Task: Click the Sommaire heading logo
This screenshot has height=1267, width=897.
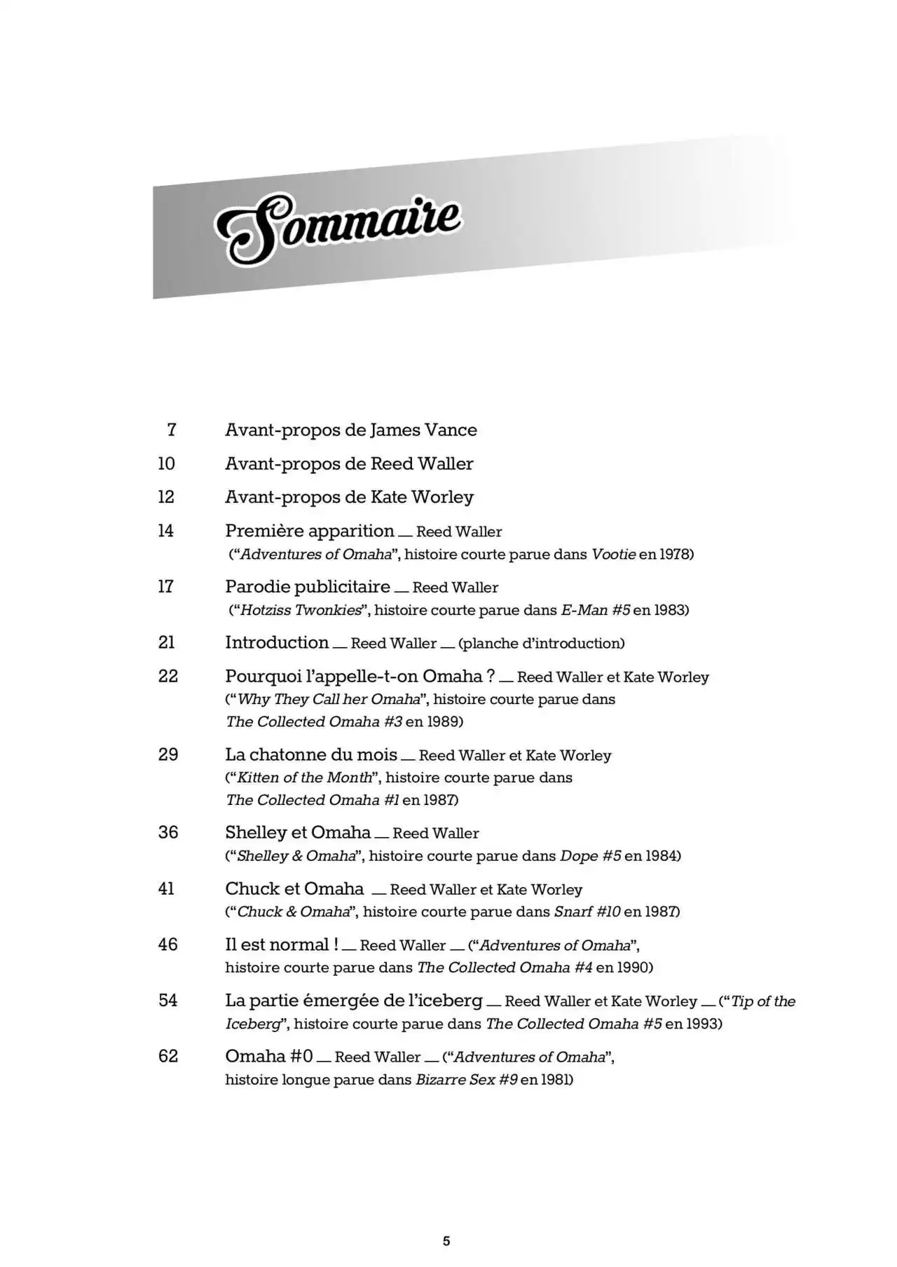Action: (338, 229)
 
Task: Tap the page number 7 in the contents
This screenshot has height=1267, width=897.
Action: (171, 430)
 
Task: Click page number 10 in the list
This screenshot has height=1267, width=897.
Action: (167, 463)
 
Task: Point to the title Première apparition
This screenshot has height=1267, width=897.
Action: (309, 531)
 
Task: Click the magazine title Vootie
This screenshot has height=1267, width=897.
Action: (613, 554)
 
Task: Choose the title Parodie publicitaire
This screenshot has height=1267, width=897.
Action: (307, 586)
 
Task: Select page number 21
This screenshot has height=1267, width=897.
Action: (167, 642)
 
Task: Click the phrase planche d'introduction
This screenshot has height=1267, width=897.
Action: (541, 643)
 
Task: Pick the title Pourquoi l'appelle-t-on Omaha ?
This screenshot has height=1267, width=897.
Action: (360, 676)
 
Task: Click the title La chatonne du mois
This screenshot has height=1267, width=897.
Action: (310, 754)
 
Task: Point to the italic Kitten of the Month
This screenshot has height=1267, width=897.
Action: (305, 778)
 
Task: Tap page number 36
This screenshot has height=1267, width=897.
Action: (168, 832)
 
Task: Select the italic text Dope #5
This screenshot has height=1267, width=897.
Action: (590, 855)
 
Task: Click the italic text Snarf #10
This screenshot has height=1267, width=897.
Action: (587, 912)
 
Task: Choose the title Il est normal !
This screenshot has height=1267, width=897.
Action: (281, 944)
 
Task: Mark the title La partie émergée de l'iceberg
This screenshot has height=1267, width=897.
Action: (353, 1001)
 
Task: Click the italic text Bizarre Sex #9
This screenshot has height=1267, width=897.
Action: (466, 1080)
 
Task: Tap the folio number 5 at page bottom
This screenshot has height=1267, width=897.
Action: (446, 1241)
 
